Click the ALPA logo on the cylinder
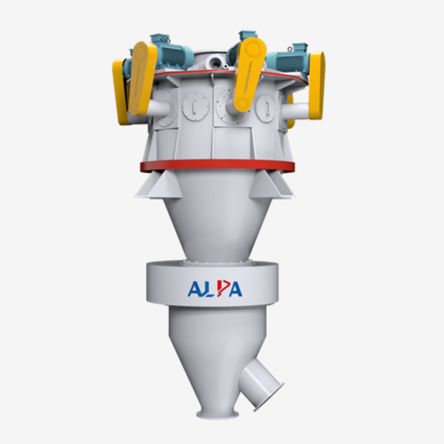coord(215,289)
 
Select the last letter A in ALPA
coord(235,289)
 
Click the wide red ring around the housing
coord(217,166)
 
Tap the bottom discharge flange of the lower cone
coord(218,414)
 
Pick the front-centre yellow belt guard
coord(249,75)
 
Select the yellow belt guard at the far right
coord(316,86)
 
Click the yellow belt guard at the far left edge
coord(119,92)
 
